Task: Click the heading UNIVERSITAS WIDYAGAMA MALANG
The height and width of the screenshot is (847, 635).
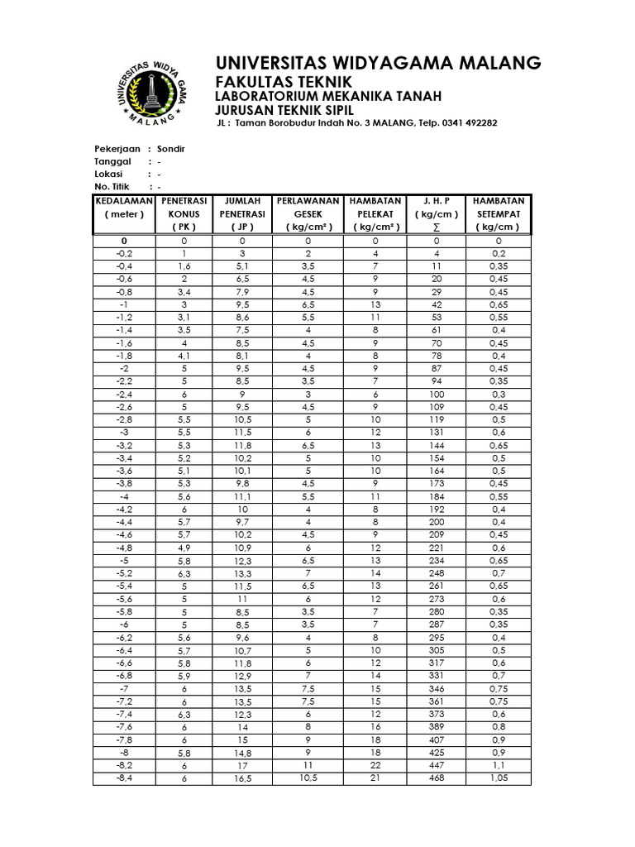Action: coord(378,63)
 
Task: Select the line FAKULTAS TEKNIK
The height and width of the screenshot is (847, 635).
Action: coord(283,82)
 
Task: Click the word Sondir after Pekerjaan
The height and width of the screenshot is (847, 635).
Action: coord(171,149)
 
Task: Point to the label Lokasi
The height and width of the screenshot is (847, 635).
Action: coord(108,175)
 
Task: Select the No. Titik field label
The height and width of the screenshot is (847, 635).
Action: coord(113,188)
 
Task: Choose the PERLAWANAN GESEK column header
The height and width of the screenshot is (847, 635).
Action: coord(308,213)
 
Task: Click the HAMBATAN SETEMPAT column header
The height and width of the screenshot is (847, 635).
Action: coord(499,213)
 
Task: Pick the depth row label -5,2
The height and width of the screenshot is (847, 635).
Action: coord(124,572)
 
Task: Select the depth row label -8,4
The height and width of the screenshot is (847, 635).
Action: coord(124,779)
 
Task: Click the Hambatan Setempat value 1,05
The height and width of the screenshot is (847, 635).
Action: coord(499,779)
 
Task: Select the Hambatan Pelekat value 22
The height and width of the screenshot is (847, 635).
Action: coord(375,766)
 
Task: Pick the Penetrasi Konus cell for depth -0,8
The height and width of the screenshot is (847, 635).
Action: coord(184,292)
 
